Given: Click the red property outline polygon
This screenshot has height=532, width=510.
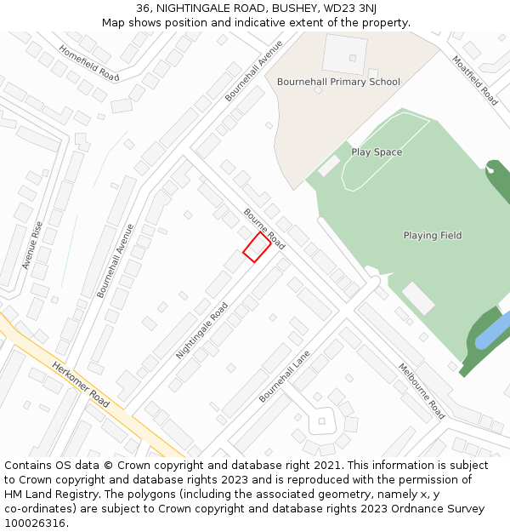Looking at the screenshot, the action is (257, 247).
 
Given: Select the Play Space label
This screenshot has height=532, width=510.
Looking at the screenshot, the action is (377, 152).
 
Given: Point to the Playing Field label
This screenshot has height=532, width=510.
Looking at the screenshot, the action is (433, 235).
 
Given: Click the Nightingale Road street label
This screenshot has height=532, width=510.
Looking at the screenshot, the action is (201, 330).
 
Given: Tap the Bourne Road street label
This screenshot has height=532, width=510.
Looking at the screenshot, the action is (264, 228).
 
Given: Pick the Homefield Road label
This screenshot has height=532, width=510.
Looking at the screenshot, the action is (89, 62).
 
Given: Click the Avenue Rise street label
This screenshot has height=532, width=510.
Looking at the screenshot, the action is (32, 245).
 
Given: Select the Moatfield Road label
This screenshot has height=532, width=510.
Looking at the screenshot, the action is (474, 81).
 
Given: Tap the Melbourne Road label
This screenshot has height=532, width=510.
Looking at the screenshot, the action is (422, 391).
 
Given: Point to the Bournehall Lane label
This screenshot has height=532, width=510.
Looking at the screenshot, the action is (284, 376).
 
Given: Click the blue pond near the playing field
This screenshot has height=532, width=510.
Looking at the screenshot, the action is (493, 331).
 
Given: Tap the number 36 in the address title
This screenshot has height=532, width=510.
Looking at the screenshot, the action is (143, 9).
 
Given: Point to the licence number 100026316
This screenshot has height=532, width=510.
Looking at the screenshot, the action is (35, 523).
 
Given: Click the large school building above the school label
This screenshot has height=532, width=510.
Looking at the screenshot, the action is (345, 53).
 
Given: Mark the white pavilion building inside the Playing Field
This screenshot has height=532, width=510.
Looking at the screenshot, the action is (418, 298).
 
